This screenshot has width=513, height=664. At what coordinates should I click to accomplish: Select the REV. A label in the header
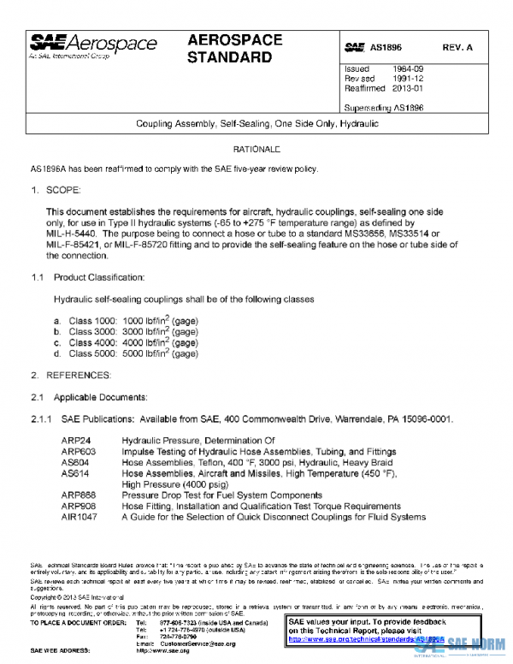457,48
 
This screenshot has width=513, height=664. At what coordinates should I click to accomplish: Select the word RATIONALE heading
256,150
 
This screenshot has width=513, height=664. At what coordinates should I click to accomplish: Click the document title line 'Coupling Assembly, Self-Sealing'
257,124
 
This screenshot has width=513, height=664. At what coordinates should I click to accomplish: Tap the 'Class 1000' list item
91,320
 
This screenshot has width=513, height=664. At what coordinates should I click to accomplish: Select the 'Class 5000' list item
91,353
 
